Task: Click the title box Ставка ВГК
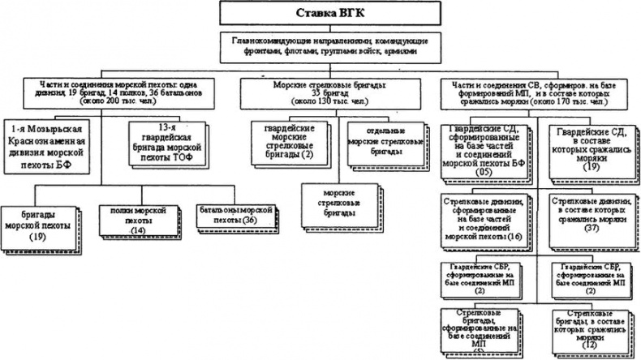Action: [321, 14]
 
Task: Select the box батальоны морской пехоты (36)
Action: [225, 215]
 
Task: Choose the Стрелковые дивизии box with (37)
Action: [587, 216]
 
